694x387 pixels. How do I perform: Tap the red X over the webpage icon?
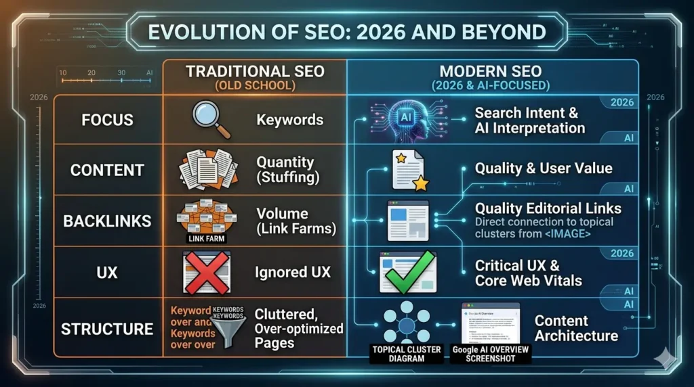[206, 272]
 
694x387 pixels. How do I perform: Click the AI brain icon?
[407, 119]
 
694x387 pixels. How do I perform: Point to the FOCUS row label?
[107, 120]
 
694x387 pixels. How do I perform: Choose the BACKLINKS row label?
[107, 221]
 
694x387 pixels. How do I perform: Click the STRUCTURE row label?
[107, 329]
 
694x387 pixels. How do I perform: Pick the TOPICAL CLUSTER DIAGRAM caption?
[407, 353]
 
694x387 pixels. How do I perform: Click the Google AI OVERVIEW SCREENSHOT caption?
[491, 353]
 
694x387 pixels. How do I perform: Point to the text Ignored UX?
[293, 273]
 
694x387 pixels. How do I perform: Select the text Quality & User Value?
[543, 168]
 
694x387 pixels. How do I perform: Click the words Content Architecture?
[575, 328]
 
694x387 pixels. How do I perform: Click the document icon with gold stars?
[409, 170]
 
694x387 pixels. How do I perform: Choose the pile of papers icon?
[207, 170]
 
